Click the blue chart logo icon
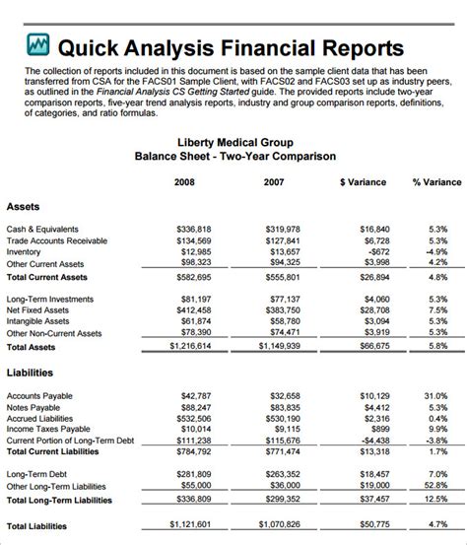[37, 45]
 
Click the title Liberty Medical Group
[234, 142]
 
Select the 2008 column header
[184, 182]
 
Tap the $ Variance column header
[363, 182]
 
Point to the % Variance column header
[436, 182]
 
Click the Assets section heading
[24, 207]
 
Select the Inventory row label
[25, 252]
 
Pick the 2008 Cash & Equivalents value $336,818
[193, 229]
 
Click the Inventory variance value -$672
[375, 252]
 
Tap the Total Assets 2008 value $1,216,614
[189, 347]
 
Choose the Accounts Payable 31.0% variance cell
[436, 395]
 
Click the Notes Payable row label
[34, 407]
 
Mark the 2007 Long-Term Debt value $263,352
[282, 474]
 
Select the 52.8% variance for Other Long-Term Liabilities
[436, 486]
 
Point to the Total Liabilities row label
[37, 526]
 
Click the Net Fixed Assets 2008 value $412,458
[193, 309]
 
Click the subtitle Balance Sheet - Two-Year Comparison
[234, 157]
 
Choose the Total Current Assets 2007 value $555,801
[282, 278]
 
